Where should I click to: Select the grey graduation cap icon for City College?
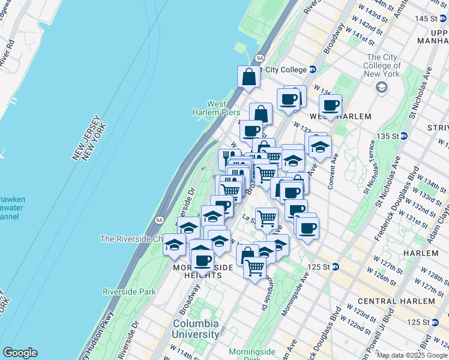[381, 88]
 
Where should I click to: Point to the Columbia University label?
[195, 329]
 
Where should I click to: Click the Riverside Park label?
[128, 292]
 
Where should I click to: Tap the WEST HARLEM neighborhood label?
[340, 116]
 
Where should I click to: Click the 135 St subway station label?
[390, 136]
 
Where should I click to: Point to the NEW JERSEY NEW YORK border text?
[90, 141]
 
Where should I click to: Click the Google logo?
[20, 353]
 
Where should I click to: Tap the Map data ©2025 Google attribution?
[412, 355]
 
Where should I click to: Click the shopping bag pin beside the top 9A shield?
[249, 77]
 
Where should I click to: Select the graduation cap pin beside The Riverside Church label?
[175, 246]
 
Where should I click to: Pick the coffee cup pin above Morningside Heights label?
[202, 260]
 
